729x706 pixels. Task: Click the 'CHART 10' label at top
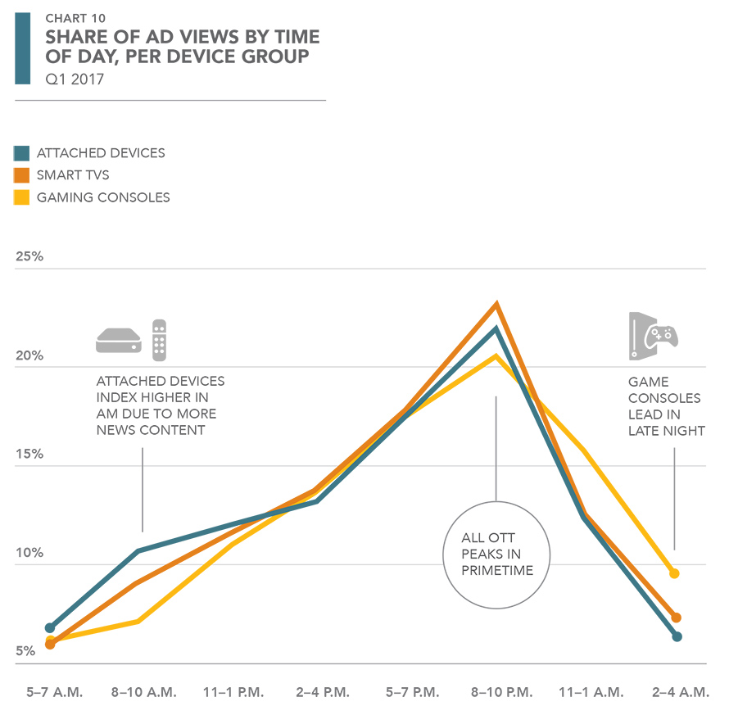point(75,18)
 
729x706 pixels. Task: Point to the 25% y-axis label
point(29,257)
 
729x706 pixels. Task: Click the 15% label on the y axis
point(29,455)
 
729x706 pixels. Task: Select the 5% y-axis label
point(25,652)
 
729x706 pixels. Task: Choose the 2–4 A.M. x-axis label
point(677,692)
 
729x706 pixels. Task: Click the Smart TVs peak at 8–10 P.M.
point(496,305)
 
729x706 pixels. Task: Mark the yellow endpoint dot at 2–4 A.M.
point(674,573)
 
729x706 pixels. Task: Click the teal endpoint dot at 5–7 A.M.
point(51,627)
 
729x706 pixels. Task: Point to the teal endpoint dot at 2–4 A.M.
point(677,636)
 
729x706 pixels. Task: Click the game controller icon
point(660,336)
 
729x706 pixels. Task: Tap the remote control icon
point(159,340)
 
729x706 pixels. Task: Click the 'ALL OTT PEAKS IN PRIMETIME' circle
point(496,554)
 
